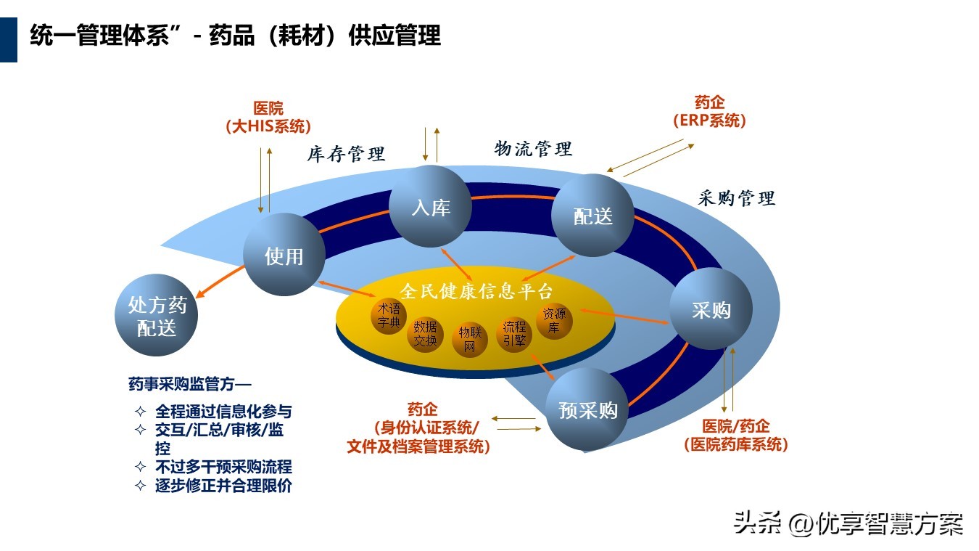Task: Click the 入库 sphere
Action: pos(431,207)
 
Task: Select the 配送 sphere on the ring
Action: pos(592,216)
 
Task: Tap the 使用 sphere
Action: pos(284,255)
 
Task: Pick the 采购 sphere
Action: pos(711,309)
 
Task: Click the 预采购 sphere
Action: pos(587,409)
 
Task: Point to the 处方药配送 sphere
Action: pos(156,316)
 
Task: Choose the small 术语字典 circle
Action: pos(389,316)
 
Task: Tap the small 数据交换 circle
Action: pos(425,333)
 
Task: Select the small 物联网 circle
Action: pos(469,340)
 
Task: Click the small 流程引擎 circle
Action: pos(514,333)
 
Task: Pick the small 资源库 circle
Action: pos(554,321)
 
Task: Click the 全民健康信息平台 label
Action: pos(476,291)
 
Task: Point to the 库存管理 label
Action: pos(346,154)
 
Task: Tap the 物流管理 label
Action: pos(533,149)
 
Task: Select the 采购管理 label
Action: pos(737,198)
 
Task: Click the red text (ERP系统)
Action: pos(709,121)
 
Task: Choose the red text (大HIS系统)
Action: pos(268,126)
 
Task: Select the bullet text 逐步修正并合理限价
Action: pos(223,486)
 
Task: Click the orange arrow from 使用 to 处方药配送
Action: pos(220,282)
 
